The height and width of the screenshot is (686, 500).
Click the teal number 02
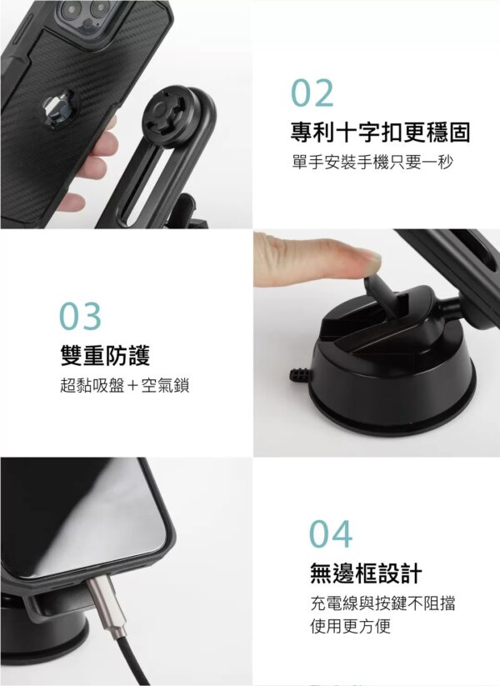click(312, 93)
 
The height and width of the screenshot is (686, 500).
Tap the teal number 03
click(80, 316)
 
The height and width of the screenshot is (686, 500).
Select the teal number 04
click(331, 533)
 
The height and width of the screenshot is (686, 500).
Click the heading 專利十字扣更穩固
click(380, 133)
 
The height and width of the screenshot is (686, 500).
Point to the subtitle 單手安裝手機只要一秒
click(372, 162)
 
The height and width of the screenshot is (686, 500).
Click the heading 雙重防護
click(105, 355)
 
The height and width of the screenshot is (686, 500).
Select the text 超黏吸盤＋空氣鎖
click(125, 385)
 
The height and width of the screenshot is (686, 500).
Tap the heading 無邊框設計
click(366, 573)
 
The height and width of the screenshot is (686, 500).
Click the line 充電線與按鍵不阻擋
click(382, 603)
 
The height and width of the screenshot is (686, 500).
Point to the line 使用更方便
click(350, 626)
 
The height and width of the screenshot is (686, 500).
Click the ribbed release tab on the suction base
click(300, 375)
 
